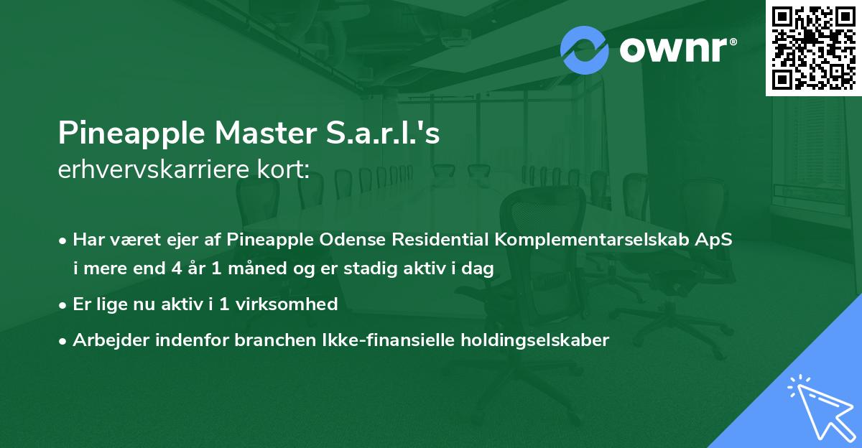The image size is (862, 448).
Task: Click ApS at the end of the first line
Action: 716,240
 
